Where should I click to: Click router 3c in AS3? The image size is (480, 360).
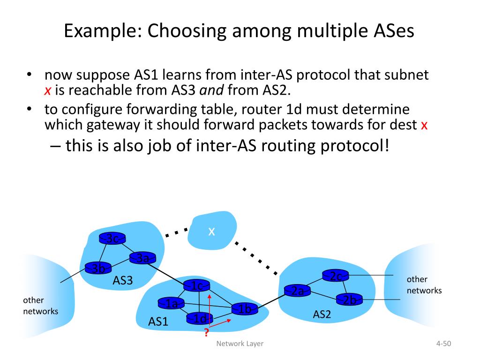point(112,239)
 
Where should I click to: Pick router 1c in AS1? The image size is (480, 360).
point(196,285)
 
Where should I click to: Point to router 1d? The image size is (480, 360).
point(200,319)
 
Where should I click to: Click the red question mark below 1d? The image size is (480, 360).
point(206,333)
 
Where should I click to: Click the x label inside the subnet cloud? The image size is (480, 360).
point(211,231)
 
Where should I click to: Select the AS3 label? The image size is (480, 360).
point(123,280)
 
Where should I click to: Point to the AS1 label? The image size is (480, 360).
point(158,322)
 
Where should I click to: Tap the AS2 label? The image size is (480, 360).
point(322,314)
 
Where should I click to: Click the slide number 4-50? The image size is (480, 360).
point(443,344)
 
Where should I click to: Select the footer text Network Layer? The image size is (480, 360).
point(240,344)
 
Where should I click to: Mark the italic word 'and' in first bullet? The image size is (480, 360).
point(211,90)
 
